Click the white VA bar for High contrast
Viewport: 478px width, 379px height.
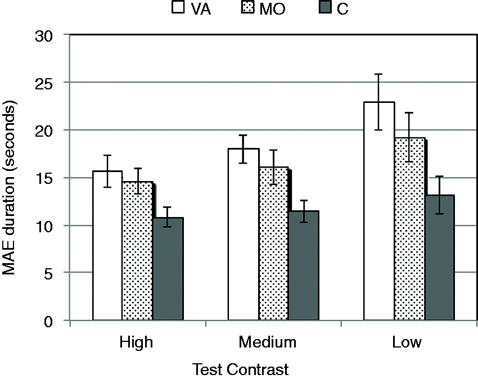tap(107, 246)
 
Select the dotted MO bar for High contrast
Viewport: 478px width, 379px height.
tap(137, 251)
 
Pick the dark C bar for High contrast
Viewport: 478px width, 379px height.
tap(168, 269)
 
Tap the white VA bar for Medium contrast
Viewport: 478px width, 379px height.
tap(243, 234)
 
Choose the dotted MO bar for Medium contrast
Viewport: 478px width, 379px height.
tap(274, 243)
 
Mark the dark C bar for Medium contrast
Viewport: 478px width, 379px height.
tap(304, 265)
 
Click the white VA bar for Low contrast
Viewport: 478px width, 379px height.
tap(379, 211)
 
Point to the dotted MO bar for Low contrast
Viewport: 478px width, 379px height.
tap(409, 229)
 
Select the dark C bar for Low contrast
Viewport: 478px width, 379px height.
tap(440, 258)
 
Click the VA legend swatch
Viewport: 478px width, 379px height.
tap(178, 7)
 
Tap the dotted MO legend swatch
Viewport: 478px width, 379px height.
tap(247, 7)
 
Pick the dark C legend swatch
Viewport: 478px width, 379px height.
tap(325, 7)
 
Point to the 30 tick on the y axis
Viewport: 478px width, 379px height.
tap(67, 35)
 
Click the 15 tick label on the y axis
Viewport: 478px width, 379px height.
tap(44, 178)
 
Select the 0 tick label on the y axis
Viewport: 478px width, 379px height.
tap(48, 322)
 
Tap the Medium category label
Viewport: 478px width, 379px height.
tap(267, 342)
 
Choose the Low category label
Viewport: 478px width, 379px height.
tap(407, 342)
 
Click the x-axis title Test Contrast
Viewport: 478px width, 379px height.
tap(241, 369)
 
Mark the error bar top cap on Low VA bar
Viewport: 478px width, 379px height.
tap(378, 74)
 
